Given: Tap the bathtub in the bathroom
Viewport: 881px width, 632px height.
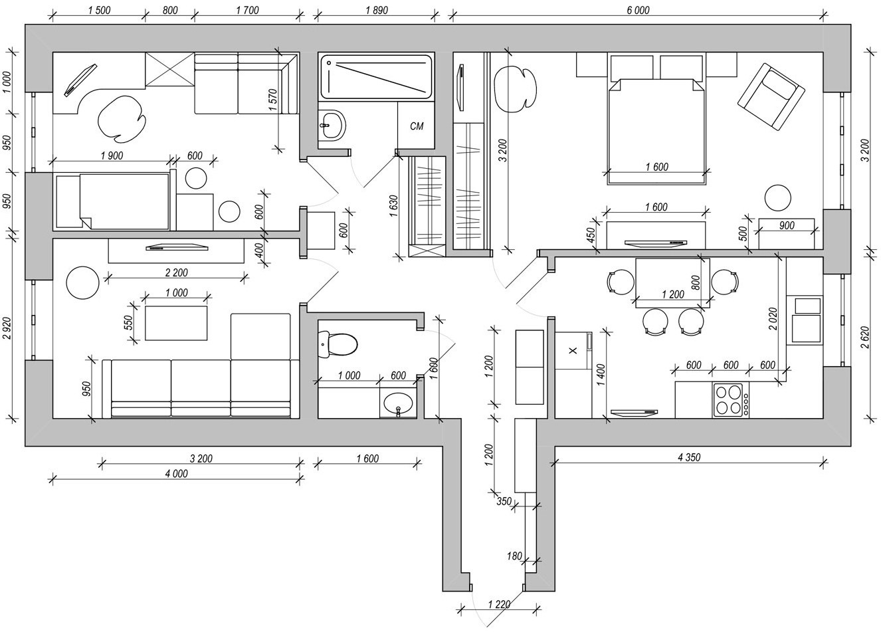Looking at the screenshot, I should pyautogui.click(x=376, y=76).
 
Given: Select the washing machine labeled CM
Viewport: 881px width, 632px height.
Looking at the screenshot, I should pyautogui.click(x=417, y=126).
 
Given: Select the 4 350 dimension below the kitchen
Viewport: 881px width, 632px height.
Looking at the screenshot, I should pyautogui.click(x=688, y=457).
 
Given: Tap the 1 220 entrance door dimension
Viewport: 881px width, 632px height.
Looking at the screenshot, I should pyautogui.click(x=498, y=604).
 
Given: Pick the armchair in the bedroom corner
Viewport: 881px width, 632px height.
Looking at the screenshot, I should pyautogui.click(x=771, y=96).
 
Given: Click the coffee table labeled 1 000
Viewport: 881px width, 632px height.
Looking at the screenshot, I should pyautogui.click(x=176, y=322).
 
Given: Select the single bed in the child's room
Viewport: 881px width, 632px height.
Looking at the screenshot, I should pyautogui.click(x=113, y=201).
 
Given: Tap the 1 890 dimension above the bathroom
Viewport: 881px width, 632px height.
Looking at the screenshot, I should pyautogui.click(x=376, y=10).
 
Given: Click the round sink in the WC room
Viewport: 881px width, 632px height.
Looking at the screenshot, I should pyautogui.click(x=398, y=403).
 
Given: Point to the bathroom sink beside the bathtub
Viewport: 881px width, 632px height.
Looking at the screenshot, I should pyautogui.click(x=332, y=124).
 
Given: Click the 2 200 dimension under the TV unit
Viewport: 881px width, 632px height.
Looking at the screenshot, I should pyautogui.click(x=175, y=272).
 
